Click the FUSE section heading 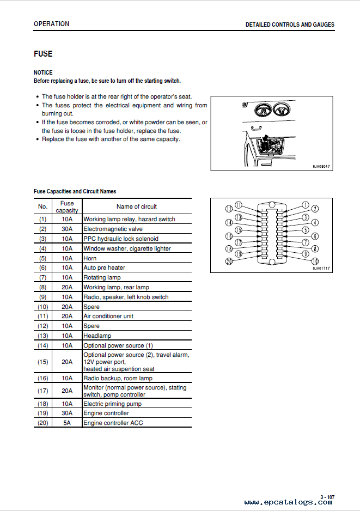pyautogui.click(x=43, y=54)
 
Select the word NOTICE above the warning pyautogui.click(x=43, y=72)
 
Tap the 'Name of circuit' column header pyautogui.click(x=136, y=206)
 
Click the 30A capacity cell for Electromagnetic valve pyautogui.click(x=67, y=229)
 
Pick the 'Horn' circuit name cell pyautogui.click(x=90, y=258)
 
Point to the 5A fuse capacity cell pyautogui.click(x=67, y=423)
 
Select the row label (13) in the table pyautogui.click(x=42, y=336)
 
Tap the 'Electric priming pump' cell pyautogui.click(x=112, y=404)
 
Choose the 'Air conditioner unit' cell pyautogui.click(x=108, y=316)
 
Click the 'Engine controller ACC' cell pyautogui.click(x=113, y=423)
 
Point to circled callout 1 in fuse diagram pyautogui.click(x=306, y=205)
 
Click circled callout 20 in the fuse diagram pyautogui.click(x=229, y=261)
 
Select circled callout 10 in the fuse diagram pyautogui.click(x=314, y=261)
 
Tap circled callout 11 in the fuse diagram pyautogui.click(x=238, y=205)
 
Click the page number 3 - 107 pyautogui.click(x=327, y=497)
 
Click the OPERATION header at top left pyautogui.click(x=51, y=24)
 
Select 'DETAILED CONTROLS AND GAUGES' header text pyautogui.click(x=290, y=25)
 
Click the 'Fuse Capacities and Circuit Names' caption pyautogui.click(x=75, y=191)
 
